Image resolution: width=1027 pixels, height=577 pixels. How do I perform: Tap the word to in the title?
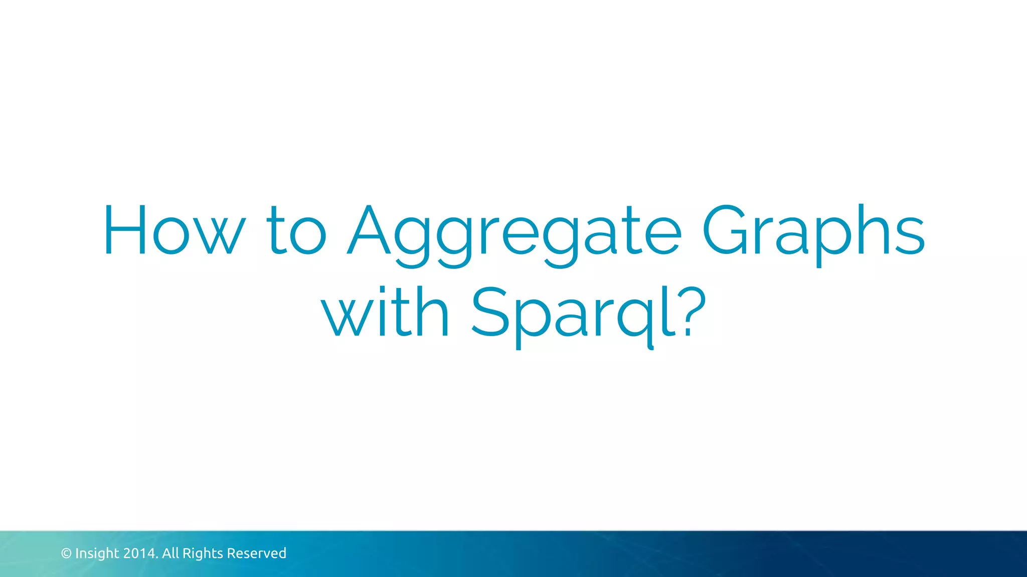pos(296,231)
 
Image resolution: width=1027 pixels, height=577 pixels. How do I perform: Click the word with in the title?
pos(385,313)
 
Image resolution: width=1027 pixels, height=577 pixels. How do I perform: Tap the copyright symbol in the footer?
pos(66,553)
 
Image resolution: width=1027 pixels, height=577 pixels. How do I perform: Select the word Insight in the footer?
pos(97,553)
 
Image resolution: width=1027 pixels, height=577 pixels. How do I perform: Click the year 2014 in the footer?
pos(141,553)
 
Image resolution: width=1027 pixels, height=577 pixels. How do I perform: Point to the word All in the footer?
pos(170,553)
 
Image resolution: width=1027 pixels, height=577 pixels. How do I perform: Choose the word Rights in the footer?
pos(203,553)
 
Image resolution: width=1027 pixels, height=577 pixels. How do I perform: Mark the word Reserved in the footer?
pos(256,553)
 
